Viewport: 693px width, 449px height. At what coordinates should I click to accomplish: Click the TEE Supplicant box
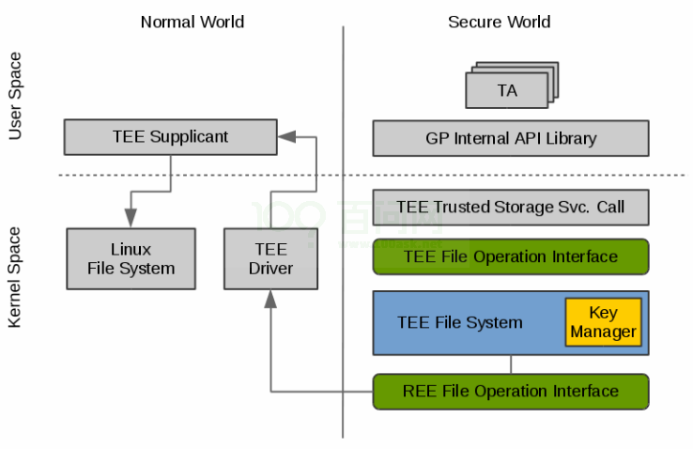(171, 137)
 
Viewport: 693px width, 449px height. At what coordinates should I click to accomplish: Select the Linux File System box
(131, 259)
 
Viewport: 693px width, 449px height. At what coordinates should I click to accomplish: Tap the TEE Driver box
(270, 259)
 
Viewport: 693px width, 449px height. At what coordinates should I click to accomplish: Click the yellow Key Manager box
(603, 322)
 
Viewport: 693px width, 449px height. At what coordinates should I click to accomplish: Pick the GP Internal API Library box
(511, 138)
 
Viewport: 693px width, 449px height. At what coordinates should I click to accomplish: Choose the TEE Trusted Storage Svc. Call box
(511, 208)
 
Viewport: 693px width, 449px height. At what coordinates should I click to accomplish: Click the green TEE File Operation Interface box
(511, 256)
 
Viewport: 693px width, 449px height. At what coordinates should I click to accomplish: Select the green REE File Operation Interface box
(511, 392)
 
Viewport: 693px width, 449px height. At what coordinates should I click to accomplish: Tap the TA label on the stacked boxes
(507, 90)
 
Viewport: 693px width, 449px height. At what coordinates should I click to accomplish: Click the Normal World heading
(192, 22)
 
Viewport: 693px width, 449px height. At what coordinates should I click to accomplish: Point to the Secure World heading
(499, 22)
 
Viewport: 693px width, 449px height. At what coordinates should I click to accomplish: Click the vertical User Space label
(15, 96)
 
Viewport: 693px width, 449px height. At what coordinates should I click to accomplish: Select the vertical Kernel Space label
(15, 277)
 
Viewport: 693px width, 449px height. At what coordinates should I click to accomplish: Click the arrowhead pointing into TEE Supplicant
(286, 137)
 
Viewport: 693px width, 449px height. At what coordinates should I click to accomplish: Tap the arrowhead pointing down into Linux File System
(131, 218)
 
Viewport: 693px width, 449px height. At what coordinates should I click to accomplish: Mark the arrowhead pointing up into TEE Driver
(270, 300)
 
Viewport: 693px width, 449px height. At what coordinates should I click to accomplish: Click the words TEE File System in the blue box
(459, 322)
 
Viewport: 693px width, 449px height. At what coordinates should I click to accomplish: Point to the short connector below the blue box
(511, 364)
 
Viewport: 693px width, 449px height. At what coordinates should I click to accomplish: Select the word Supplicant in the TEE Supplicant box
(189, 137)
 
